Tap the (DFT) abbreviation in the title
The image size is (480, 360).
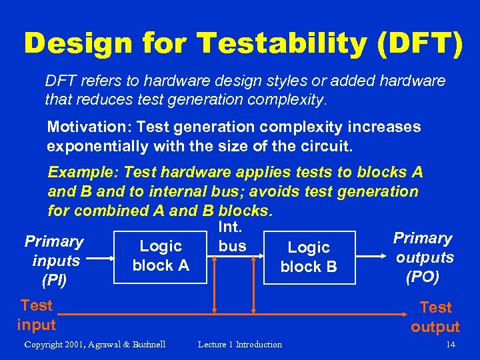(419, 43)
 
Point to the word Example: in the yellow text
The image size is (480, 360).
(80, 173)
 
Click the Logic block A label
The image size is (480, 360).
(161, 255)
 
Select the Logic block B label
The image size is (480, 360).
(309, 257)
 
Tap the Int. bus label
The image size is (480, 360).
(231, 237)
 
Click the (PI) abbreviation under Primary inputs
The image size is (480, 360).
(54, 280)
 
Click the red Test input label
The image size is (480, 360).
(36, 315)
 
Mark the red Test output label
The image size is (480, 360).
(435, 317)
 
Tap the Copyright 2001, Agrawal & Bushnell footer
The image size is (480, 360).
(95, 345)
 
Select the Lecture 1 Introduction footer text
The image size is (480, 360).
(240, 345)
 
